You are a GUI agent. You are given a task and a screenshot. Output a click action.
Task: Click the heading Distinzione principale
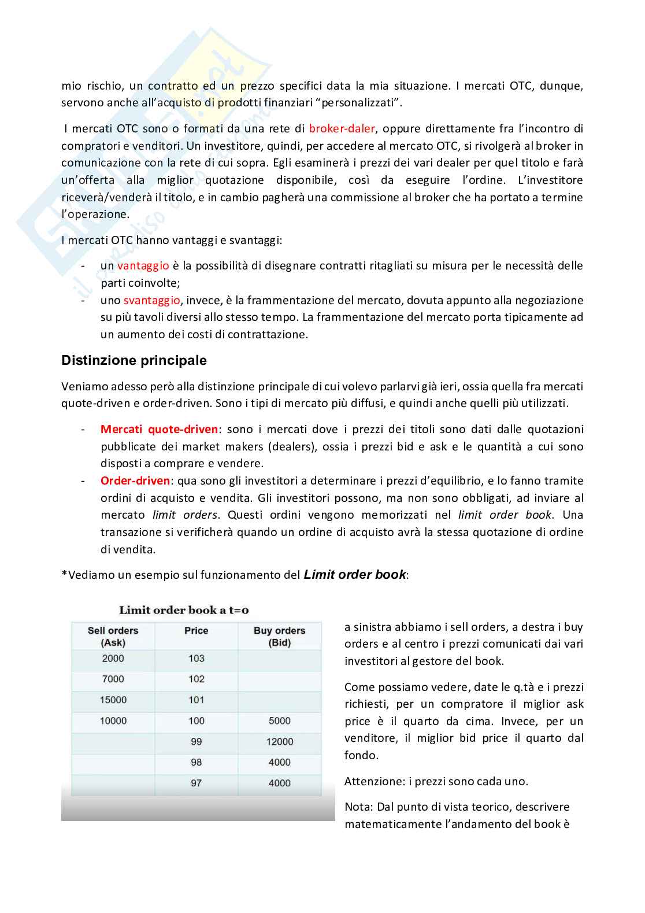click(x=134, y=360)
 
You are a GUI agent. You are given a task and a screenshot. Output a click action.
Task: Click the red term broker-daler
click(x=342, y=128)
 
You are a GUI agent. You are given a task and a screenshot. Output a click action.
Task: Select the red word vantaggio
click(x=143, y=265)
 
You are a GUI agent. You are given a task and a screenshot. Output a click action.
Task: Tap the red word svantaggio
click(x=151, y=300)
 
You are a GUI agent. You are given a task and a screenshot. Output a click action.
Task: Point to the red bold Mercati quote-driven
click(x=159, y=429)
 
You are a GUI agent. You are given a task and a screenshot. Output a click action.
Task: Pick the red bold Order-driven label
click(x=135, y=480)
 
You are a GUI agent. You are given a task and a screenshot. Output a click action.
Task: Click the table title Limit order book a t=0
click(x=184, y=610)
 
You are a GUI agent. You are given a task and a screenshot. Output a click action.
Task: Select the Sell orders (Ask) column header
click(x=113, y=636)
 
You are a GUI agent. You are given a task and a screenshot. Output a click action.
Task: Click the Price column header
click(x=196, y=631)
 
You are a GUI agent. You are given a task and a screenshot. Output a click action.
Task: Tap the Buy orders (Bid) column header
click(x=279, y=636)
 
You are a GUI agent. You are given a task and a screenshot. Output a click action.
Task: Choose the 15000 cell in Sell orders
click(x=113, y=700)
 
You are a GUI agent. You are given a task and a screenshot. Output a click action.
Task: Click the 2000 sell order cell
click(x=113, y=659)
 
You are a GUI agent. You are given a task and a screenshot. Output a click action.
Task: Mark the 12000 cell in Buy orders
click(x=279, y=742)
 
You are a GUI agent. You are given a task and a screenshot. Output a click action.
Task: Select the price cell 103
click(x=196, y=659)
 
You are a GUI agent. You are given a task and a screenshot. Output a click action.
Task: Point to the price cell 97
click(x=196, y=783)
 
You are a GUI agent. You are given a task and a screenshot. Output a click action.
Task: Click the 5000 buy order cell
click(x=279, y=721)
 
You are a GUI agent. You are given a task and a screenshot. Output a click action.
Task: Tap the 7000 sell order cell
click(x=113, y=679)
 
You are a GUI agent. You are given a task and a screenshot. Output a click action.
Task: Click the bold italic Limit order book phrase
click(x=355, y=575)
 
